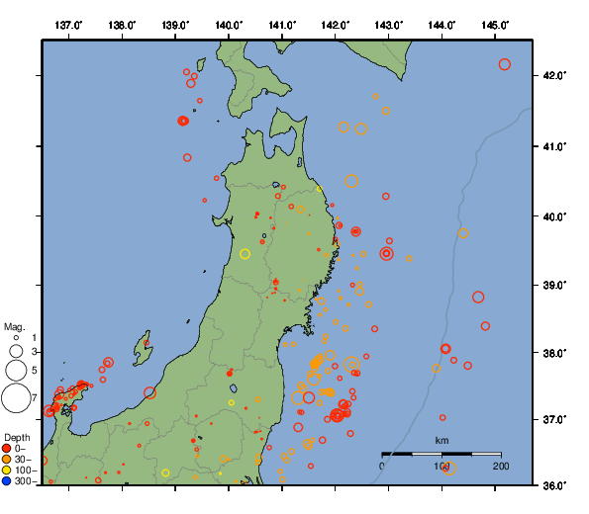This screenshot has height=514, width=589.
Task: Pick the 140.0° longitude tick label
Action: pos(229,25)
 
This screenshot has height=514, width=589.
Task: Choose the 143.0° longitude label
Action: pos(389,25)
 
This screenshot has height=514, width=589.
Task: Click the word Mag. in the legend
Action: pos(14,326)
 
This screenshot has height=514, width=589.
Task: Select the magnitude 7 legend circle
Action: pos(15,398)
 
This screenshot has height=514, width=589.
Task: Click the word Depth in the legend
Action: pos(16,437)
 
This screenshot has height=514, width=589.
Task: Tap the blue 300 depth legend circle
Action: pos(7,481)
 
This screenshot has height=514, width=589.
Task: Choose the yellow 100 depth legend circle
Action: pos(7,471)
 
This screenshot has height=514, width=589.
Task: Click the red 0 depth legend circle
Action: pos(7,449)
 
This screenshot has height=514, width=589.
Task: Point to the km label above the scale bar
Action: pos(442,440)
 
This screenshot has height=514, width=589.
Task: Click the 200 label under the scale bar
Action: pos(500,466)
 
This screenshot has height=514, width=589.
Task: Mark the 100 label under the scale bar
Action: pos(442,466)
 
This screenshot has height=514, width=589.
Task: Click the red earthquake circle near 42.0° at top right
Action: pos(505,64)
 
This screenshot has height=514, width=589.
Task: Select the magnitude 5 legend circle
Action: pos(15,370)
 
